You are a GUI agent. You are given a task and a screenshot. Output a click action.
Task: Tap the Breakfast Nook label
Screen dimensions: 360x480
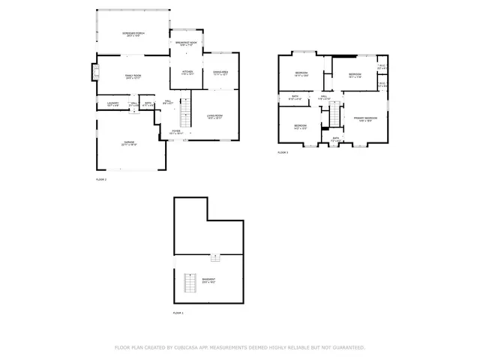click(x=186, y=44)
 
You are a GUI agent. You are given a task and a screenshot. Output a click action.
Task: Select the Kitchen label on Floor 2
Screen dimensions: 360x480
click(x=187, y=73)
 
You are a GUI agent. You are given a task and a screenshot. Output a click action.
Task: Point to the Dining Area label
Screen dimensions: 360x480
click(x=221, y=73)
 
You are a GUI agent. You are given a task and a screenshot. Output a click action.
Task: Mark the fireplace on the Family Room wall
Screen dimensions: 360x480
click(x=94, y=72)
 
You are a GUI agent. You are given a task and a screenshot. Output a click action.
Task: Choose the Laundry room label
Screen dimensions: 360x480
click(x=113, y=103)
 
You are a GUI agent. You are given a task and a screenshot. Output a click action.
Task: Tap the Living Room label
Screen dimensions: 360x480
click(x=215, y=116)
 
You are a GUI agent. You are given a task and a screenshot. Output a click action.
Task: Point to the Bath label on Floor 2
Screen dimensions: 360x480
click(x=148, y=103)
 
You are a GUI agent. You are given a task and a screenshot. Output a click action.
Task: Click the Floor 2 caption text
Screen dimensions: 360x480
click(x=101, y=179)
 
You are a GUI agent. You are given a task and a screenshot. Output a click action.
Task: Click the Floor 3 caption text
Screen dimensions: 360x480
click(x=283, y=152)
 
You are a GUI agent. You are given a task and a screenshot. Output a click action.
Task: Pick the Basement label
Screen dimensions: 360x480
click(x=208, y=281)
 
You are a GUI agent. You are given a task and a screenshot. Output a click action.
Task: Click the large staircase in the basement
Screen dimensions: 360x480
click(x=190, y=284)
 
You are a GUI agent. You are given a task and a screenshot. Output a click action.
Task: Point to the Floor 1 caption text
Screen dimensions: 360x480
click(x=178, y=312)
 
